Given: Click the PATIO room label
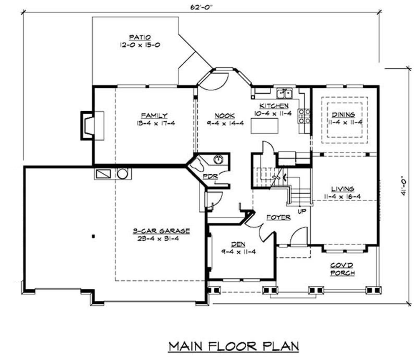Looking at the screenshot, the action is point(140,37).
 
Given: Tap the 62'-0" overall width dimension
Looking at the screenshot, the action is point(202,7).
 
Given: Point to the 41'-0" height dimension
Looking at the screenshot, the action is point(404,185).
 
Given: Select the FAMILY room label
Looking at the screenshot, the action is point(154,115).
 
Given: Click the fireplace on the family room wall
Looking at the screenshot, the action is point(92,125).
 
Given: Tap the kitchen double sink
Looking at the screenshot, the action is point(284,93).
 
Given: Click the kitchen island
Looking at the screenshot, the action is point(265,126).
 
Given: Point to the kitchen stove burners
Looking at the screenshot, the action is point(304,116).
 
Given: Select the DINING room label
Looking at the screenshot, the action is point(343,115).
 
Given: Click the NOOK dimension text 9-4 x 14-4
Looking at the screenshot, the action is point(225,123).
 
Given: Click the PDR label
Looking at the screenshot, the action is point(210,176).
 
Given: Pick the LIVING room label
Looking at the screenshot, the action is point(342,189).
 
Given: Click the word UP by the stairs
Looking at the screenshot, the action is point(301,212).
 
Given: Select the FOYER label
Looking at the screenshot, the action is point(279,217).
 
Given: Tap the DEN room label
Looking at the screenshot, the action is point(238,244).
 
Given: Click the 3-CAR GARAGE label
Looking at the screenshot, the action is point(161,231).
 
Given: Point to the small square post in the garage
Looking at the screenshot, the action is point(93,236).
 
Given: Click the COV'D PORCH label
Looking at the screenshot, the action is point(342,269).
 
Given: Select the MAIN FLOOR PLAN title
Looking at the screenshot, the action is point(234,346).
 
